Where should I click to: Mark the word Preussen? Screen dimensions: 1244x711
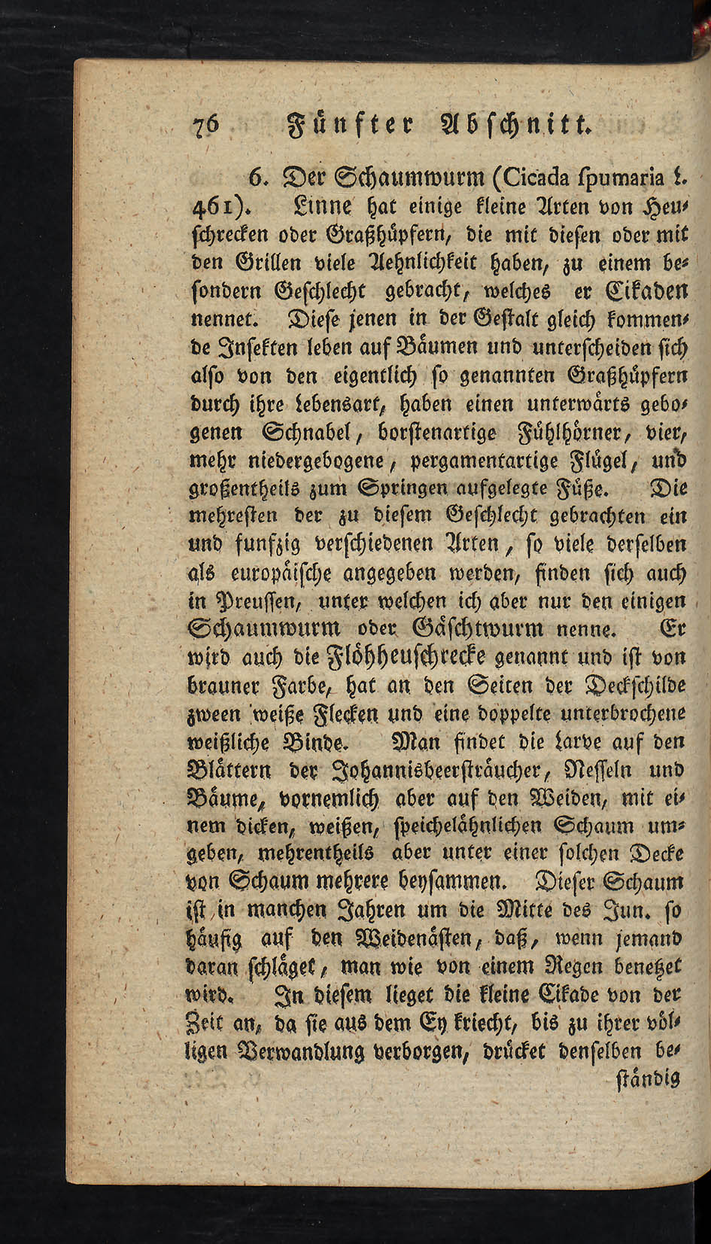(x=253, y=602)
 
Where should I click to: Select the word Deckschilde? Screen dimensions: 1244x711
(x=635, y=686)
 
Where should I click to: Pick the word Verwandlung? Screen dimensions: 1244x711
(x=312, y=1051)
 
